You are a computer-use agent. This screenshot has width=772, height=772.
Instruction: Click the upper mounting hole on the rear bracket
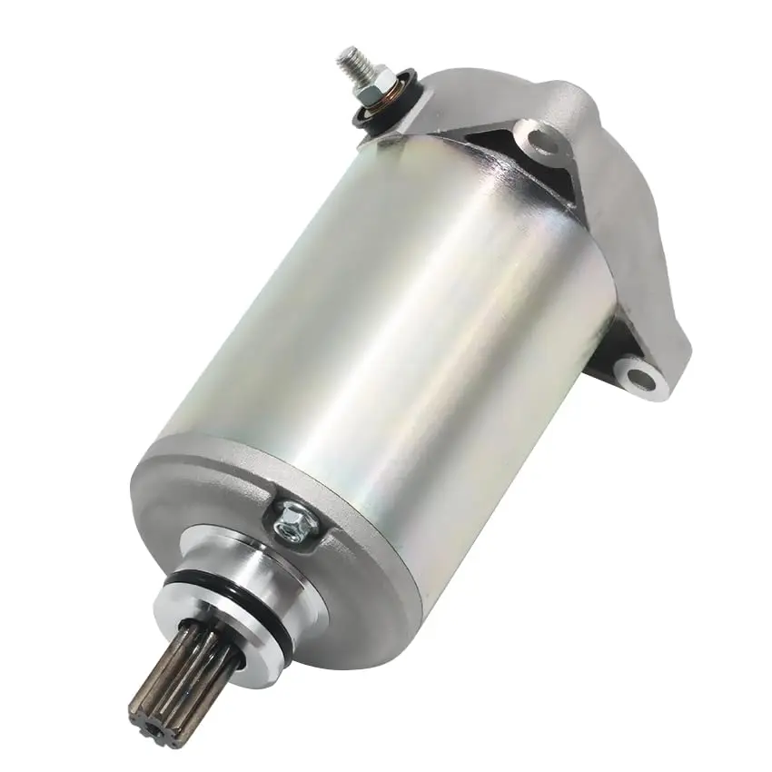pyautogui.click(x=542, y=141)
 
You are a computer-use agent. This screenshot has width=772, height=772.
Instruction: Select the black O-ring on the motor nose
pyautogui.click(x=272, y=618)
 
